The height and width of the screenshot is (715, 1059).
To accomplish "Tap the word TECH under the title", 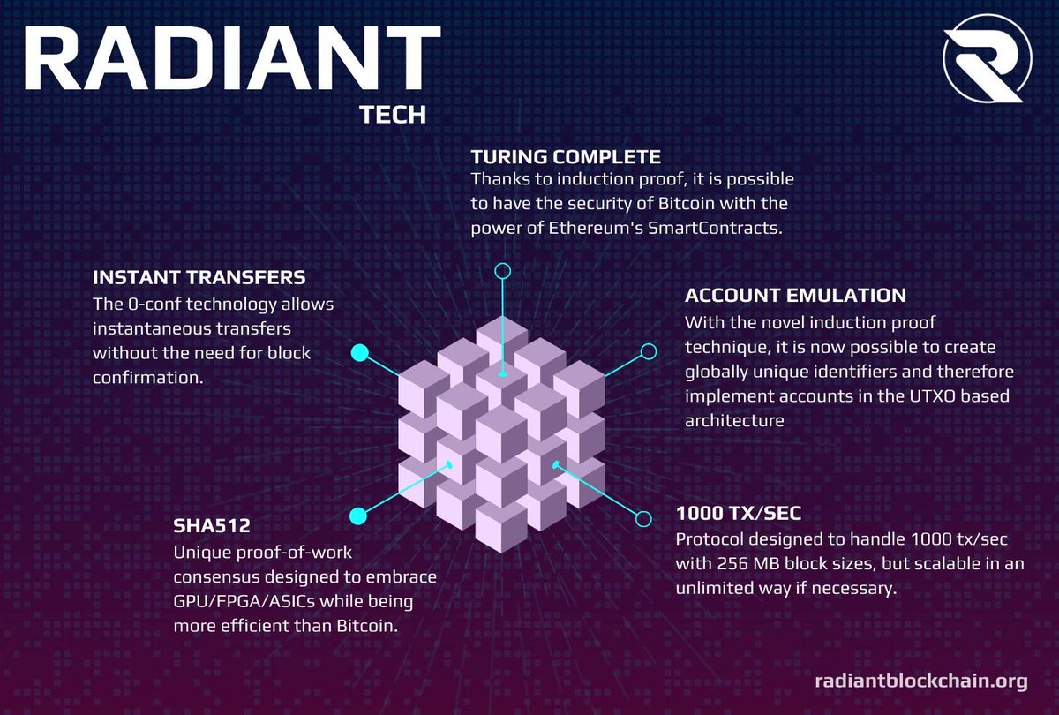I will pos(393,116).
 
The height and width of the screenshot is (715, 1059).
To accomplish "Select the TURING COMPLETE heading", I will pos(566,157).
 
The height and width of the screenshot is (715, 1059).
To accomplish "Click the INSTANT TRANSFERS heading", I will pos(199,277).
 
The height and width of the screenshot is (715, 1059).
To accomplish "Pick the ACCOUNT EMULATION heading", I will pos(795,295).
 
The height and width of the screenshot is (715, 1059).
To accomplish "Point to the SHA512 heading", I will pos(212,526).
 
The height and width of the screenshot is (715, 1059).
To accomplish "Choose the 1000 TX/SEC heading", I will pos(738,513).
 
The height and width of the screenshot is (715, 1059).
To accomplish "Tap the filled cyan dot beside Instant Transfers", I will pos(359,353).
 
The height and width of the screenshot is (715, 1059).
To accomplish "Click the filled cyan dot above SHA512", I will pos(358,516).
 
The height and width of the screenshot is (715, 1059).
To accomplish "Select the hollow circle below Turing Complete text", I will pos(503,271).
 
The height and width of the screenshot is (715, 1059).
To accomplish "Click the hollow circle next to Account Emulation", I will pos(648,351).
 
